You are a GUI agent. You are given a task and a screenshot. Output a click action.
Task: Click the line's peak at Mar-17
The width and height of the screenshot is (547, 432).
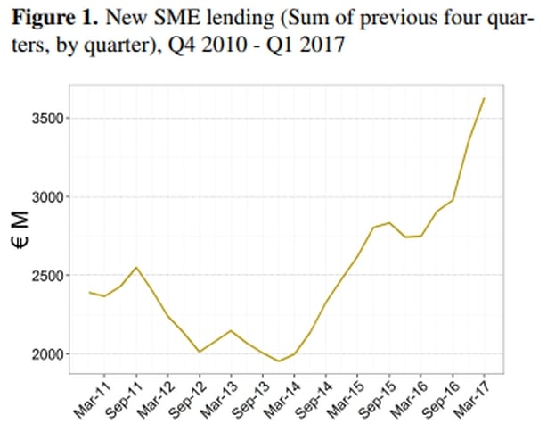click(484, 98)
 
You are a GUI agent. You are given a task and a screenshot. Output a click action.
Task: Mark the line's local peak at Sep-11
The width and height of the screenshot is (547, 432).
click(135, 267)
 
